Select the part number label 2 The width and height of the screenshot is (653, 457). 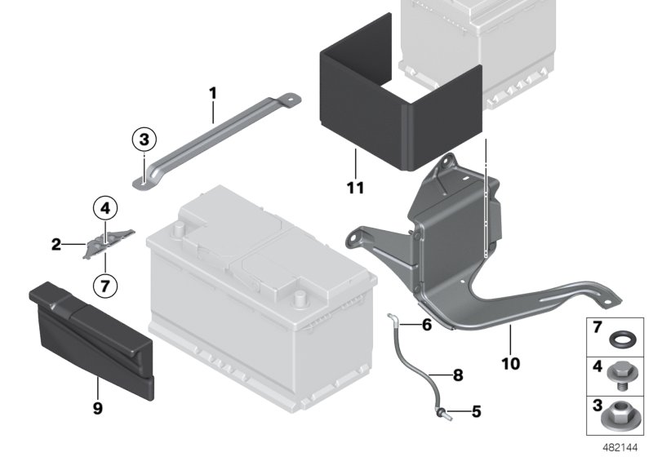[x=56, y=243]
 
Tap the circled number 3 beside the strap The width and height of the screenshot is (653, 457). [x=143, y=140]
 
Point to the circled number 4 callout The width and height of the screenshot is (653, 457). [x=105, y=209]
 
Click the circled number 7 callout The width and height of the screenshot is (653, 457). [x=105, y=286]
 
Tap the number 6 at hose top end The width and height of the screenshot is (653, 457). [x=426, y=324]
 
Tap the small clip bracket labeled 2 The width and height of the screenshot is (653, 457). [x=104, y=242]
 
